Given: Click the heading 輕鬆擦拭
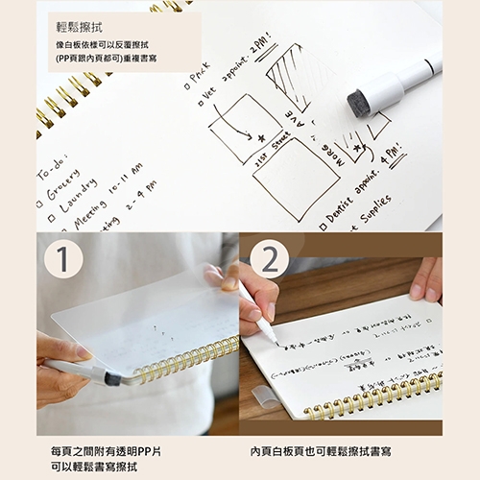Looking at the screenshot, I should tap(83, 28).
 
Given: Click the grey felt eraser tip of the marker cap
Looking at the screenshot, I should tap(360, 103).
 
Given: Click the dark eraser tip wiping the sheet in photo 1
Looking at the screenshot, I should tap(112, 379).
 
